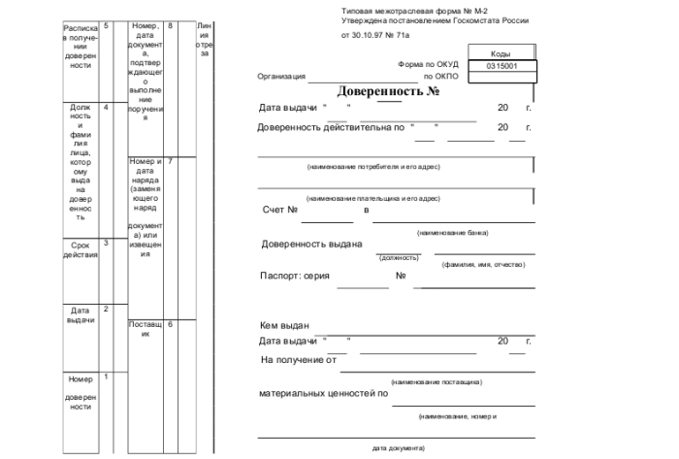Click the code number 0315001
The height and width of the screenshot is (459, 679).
click(501, 66)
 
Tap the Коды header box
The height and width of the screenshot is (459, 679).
click(501, 54)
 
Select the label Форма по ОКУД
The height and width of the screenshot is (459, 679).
click(428, 65)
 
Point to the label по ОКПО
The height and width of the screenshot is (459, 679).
click(440, 76)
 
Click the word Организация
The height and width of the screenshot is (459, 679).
click(280, 76)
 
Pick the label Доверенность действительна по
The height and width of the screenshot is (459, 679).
click(329, 127)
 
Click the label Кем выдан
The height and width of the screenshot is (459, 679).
click(284, 325)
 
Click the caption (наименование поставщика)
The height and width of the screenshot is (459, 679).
click(436, 382)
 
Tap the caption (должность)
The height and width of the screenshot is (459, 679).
click(399, 257)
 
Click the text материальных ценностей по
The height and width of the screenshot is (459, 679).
click(323, 394)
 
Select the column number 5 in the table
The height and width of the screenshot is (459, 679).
click(106, 24)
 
